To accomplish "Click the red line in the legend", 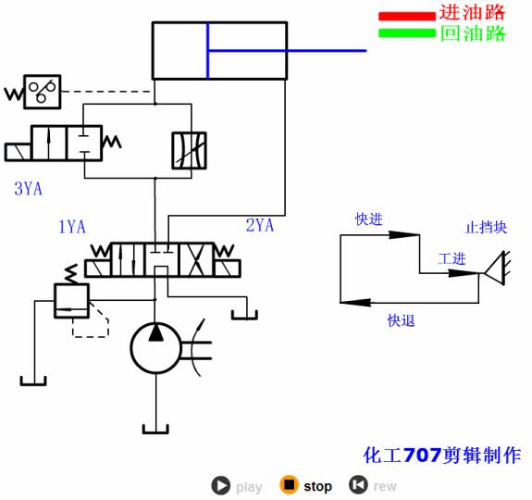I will pyautogui.click(x=406, y=16).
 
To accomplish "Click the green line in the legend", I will pyautogui.click(x=406, y=33).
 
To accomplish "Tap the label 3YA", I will pyautogui.click(x=28, y=189).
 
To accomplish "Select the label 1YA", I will pyautogui.click(x=73, y=226).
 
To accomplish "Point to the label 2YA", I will pyautogui.click(x=260, y=225).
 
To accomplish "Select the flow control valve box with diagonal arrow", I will pyautogui.click(x=190, y=151).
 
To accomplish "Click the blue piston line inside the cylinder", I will pyautogui.click(x=208, y=52).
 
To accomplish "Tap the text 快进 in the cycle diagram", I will pyautogui.click(x=368, y=219).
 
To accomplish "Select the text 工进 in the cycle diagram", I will pyautogui.click(x=452, y=258).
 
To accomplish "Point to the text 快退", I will pyautogui.click(x=401, y=320).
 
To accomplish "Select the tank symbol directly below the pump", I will pyautogui.click(x=155, y=428).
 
